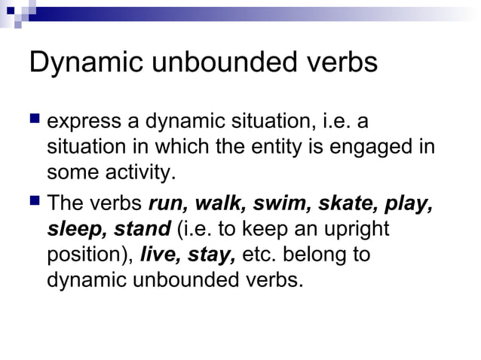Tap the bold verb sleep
pos(77,229)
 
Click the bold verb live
pos(159,254)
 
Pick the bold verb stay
pos(208,255)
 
